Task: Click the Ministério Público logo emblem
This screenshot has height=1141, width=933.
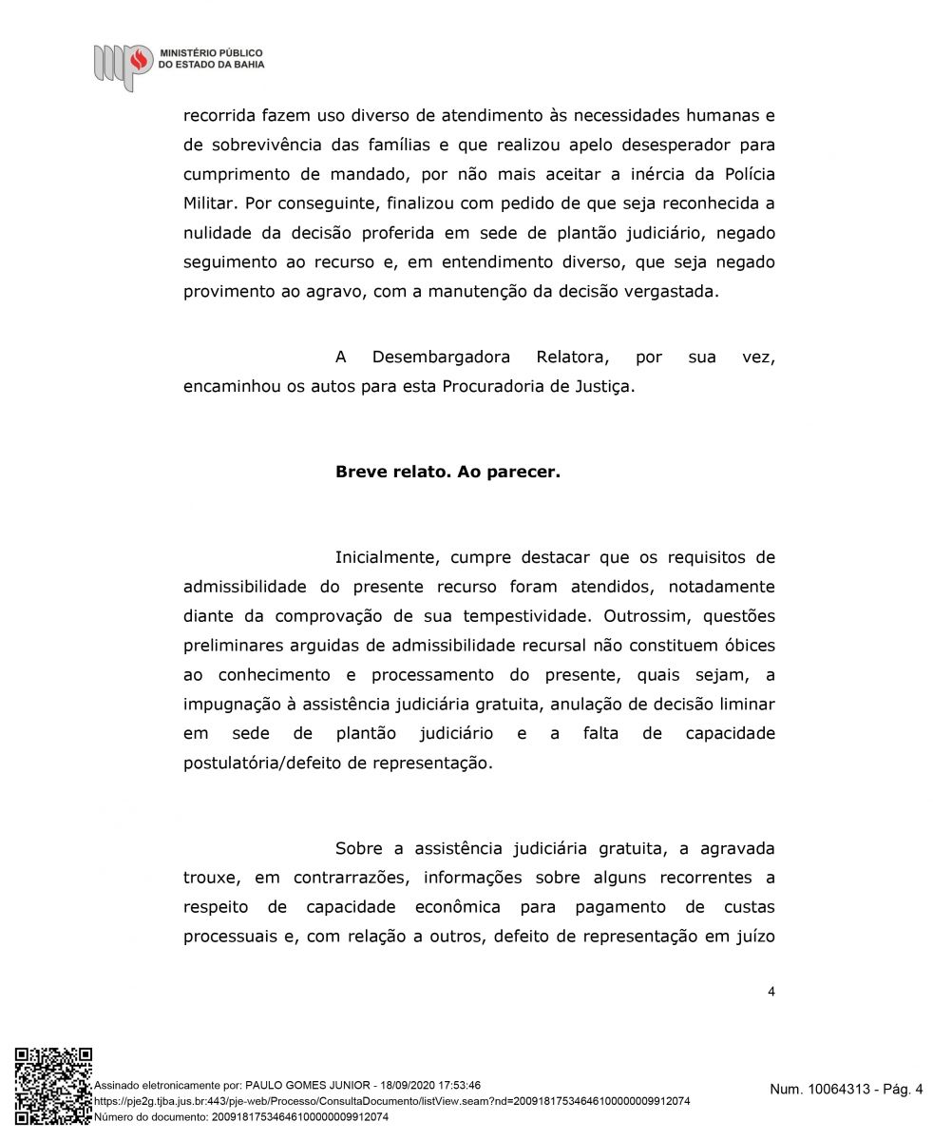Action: (123, 64)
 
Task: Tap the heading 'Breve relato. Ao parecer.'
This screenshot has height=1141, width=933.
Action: (447, 471)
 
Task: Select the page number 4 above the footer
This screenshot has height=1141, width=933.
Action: (771, 992)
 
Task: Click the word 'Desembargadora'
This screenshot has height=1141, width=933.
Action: (441, 358)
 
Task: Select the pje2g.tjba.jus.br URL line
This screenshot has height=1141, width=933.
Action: (392, 1101)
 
